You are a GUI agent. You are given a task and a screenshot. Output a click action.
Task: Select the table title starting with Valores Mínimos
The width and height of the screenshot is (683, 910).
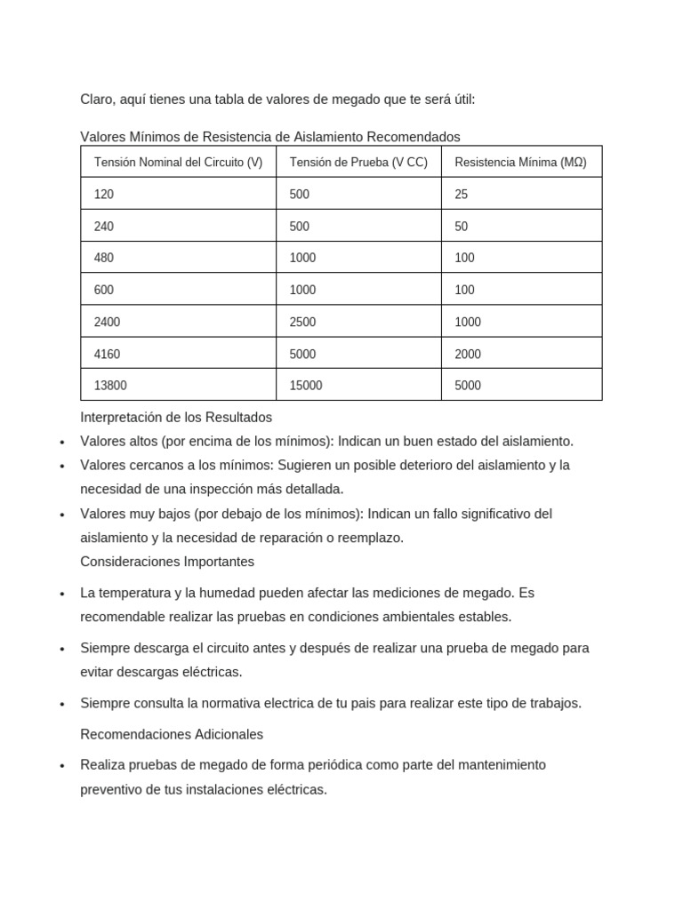point(270,137)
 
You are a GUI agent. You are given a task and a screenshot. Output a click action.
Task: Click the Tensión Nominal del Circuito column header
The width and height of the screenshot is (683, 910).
point(178,163)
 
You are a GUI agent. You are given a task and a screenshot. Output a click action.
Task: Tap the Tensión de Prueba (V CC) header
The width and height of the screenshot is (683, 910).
point(358,163)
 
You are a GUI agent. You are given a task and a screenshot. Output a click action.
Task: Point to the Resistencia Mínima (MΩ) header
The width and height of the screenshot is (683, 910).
point(520,163)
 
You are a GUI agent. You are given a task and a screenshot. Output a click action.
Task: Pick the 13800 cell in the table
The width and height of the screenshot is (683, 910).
point(110,386)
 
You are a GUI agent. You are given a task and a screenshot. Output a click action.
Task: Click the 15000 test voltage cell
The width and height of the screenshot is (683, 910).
point(306,386)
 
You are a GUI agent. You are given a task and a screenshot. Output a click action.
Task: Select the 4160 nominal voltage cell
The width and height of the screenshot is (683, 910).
point(107,354)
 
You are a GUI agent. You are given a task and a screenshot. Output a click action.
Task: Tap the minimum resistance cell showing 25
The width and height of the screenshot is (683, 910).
point(461,194)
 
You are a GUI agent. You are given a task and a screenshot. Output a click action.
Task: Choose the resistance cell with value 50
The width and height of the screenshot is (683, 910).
point(461,227)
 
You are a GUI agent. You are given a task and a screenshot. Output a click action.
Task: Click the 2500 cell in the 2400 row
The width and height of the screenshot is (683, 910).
point(302,322)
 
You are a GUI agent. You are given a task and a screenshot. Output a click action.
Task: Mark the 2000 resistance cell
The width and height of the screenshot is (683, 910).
point(467,354)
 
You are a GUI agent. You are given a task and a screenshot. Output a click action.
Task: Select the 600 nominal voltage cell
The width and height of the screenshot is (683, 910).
point(104,290)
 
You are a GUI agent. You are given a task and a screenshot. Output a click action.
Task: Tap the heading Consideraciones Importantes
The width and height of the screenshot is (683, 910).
point(167,562)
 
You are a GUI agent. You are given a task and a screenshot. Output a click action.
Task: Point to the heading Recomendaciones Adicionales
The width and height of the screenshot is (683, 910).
point(172,735)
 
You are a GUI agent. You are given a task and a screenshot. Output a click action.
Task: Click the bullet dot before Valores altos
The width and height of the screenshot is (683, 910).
point(61,443)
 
